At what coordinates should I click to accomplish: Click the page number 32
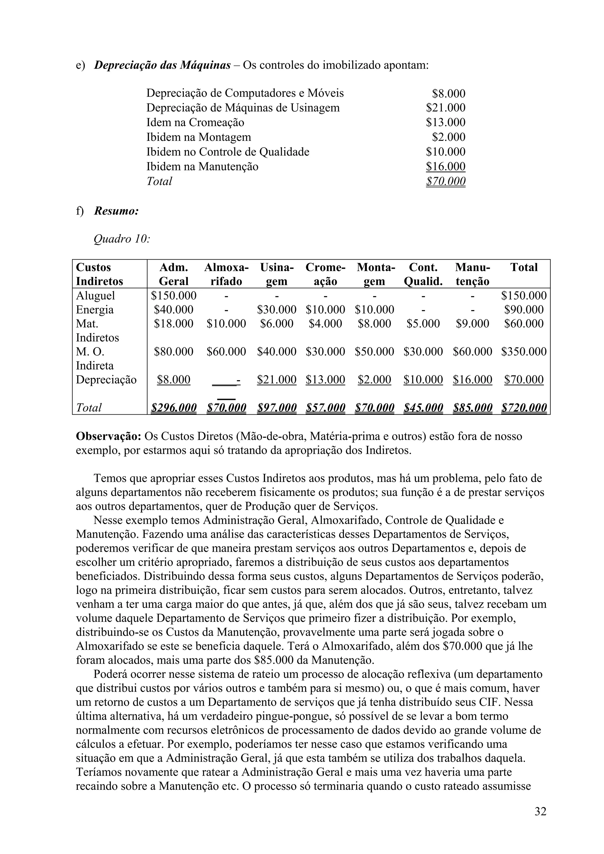(x=540, y=811)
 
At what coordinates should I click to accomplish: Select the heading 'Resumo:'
(x=116, y=211)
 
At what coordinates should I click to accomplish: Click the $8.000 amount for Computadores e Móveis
(x=449, y=93)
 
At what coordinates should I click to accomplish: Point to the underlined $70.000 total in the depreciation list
(x=445, y=181)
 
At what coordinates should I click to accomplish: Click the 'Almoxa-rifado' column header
(x=226, y=274)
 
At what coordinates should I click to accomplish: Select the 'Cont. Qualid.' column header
(x=423, y=274)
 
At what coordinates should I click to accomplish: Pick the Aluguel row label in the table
(x=95, y=296)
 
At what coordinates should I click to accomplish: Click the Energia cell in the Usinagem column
(x=277, y=309)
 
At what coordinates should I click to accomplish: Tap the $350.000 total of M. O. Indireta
(x=523, y=352)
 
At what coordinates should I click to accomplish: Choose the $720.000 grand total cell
(x=523, y=408)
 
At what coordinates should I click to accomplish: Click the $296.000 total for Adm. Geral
(x=174, y=408)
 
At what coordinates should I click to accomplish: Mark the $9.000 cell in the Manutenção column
(x=472, y=324)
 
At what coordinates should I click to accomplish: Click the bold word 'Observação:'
(x=108, y=436)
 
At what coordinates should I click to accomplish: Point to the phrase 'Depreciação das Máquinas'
(x=162, y=65)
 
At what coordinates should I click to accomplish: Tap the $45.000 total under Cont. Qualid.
(x=423, y=408)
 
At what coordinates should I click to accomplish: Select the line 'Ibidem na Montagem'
(x=198, y=137)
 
